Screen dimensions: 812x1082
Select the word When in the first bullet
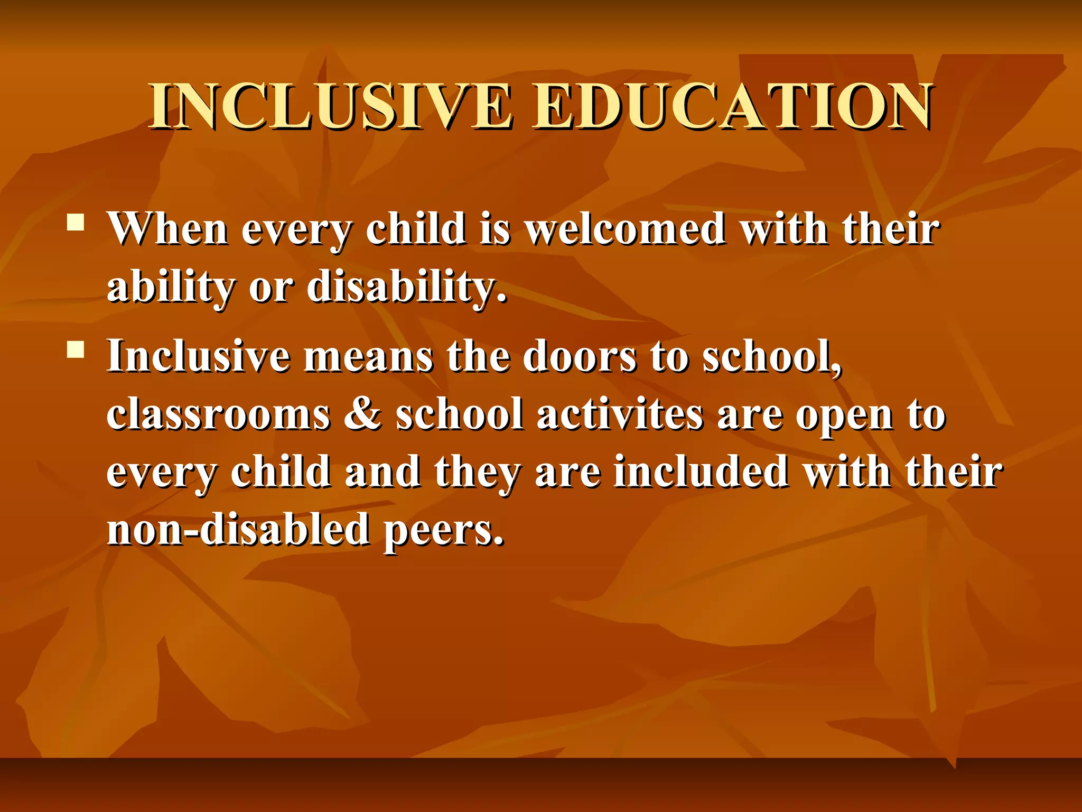(x=168, y=229)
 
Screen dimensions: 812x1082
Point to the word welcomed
(x=626, y=229)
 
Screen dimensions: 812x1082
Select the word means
(x=369, y=356)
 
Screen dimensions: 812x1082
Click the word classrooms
(x=218, y=414)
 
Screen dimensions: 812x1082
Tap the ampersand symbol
(x=362, y=414)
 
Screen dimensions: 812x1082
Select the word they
(x=478, y=473)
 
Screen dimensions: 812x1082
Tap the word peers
(x=443, y=531)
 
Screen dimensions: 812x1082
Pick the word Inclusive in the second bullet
(x=199, y=356)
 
